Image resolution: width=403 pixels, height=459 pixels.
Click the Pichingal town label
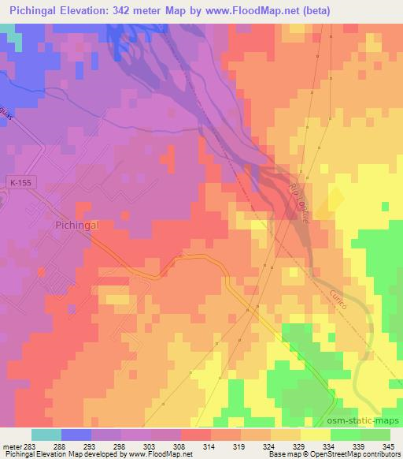point(77,225)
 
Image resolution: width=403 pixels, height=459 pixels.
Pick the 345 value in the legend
point(390,445)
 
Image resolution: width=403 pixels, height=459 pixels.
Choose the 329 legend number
point(276,445)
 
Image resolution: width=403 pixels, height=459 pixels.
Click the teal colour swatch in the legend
point(46,434)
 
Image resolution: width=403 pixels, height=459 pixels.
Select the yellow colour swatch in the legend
point(315,434)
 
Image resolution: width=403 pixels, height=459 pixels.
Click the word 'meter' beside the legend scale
point(14,445)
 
